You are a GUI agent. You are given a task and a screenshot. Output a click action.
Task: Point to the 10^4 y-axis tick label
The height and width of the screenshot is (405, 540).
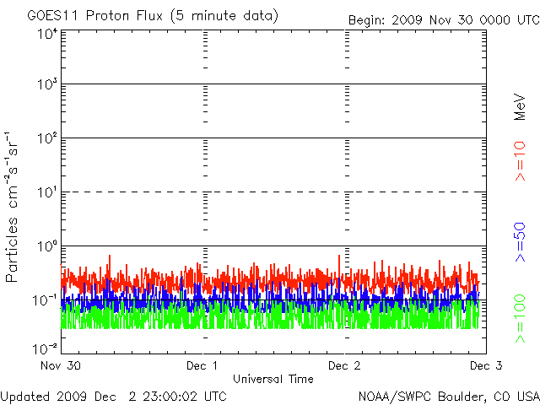47,34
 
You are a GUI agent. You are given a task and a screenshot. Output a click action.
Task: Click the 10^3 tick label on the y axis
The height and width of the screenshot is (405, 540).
47,85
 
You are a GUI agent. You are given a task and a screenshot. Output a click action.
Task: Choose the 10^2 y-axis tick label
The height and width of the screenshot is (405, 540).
47,139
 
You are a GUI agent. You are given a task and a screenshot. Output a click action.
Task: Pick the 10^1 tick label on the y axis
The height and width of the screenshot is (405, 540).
47,193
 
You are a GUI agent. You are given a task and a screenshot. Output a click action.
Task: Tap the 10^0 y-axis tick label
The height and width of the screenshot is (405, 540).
47,247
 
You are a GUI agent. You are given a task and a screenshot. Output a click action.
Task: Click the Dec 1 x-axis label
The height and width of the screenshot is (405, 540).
203,366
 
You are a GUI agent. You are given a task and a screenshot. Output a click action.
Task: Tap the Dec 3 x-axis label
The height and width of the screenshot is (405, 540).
484,366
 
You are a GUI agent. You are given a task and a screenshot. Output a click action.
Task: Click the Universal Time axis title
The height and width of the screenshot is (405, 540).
273,379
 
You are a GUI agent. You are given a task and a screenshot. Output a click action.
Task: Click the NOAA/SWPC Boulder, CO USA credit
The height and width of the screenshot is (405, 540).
448,396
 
